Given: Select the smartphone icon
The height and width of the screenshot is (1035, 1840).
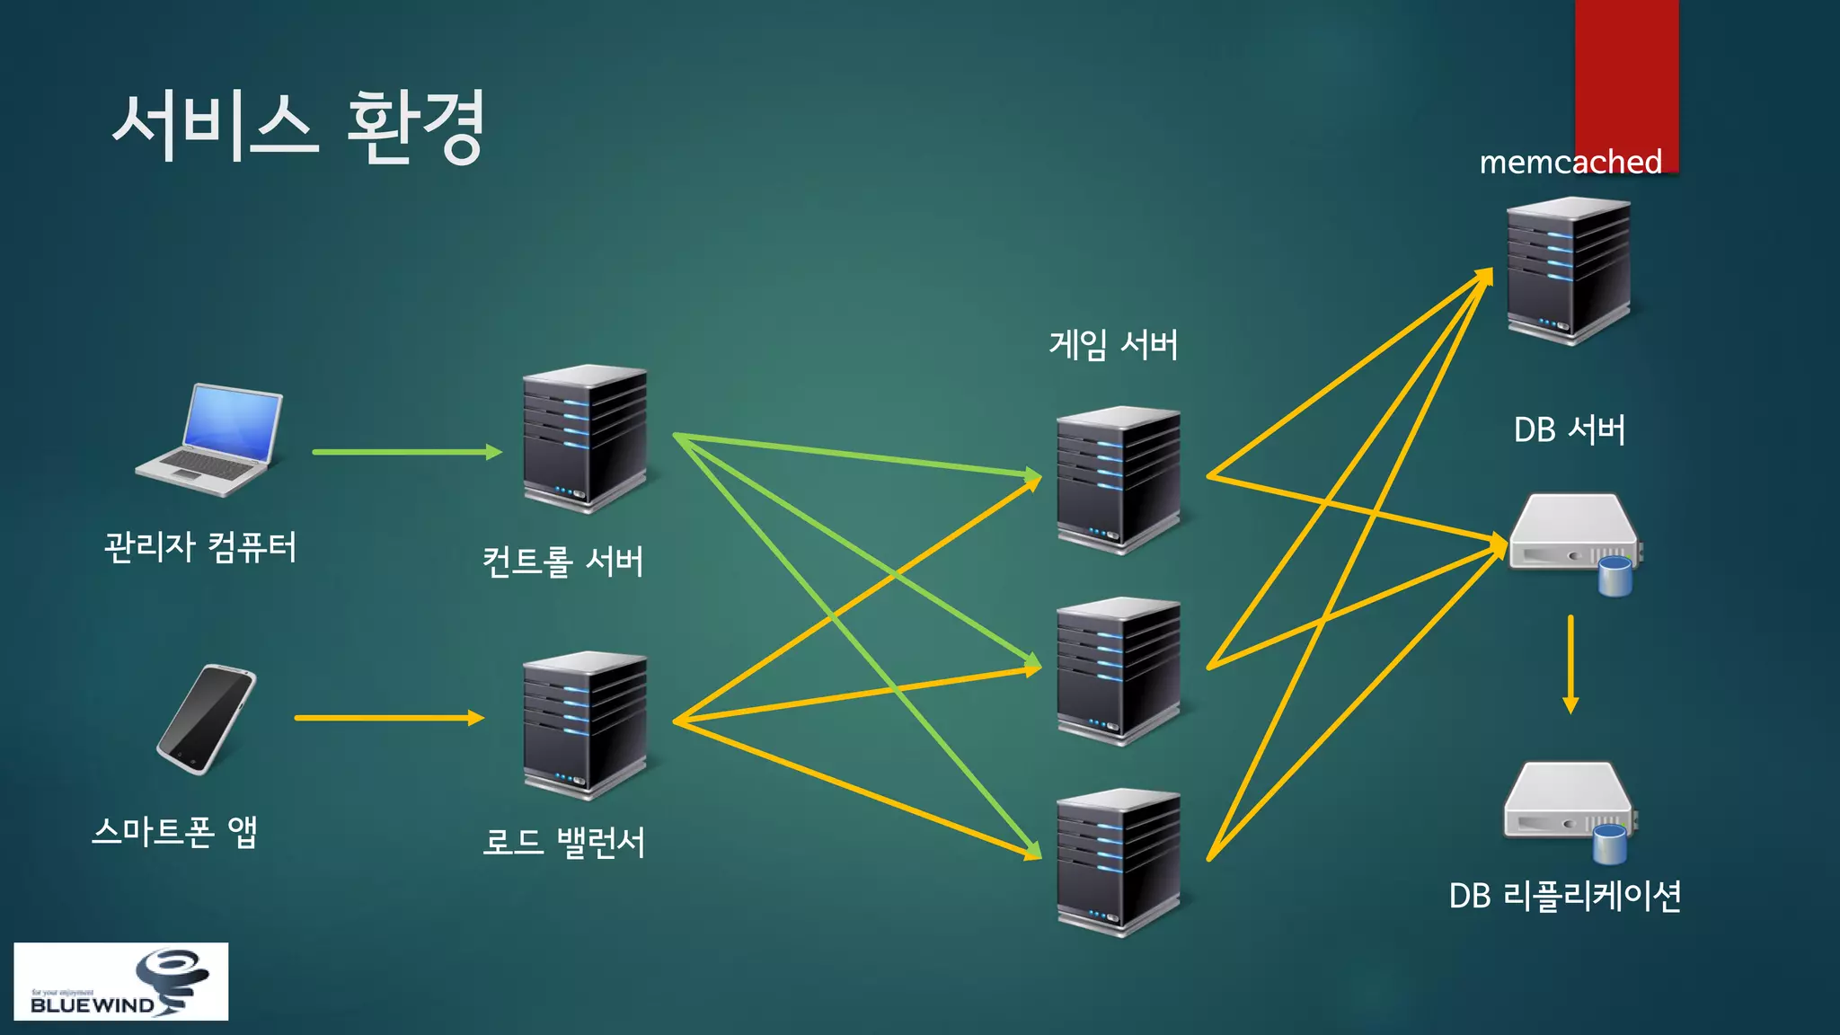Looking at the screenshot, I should (207, 719).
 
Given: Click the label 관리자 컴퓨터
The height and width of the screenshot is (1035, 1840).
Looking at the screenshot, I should (200, 546).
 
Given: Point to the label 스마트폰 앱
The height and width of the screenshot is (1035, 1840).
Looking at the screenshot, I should (175, 831).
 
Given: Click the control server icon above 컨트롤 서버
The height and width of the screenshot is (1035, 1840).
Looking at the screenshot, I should (585, 438).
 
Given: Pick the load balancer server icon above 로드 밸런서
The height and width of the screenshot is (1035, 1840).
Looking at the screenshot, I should (585, 725).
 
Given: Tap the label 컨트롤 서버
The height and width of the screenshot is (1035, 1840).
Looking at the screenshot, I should (563, 562).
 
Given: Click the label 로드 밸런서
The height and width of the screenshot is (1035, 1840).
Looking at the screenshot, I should (563, 842).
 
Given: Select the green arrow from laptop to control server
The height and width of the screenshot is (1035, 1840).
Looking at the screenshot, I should (406, 452).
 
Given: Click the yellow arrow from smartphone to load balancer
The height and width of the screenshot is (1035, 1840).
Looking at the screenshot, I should (388, 718).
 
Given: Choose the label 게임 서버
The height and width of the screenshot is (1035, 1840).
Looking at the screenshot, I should (1113, 344).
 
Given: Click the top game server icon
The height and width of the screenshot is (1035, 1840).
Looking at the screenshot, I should (1119, 480).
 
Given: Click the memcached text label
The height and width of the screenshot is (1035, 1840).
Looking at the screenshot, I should (1570, 162).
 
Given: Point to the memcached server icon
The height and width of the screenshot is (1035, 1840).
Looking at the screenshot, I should (1569, 270).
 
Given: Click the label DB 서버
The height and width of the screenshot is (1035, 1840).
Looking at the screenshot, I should (1570, 429).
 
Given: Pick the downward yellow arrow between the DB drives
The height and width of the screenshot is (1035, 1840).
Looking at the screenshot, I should (1570, 664).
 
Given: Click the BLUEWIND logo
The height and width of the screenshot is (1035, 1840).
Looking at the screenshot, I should (120, 981).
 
